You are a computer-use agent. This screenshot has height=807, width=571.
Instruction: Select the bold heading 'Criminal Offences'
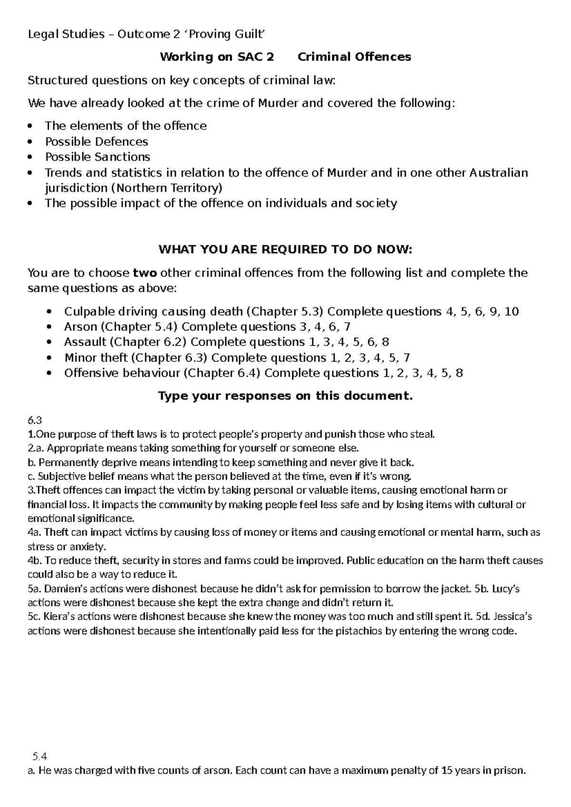click(x=354, y=57)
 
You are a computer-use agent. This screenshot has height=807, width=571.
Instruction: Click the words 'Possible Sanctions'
click(x=98, y=157)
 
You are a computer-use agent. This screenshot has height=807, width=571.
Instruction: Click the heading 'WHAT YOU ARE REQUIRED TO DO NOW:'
click(x=285, y=250)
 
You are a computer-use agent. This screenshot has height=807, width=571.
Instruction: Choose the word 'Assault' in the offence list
click(x=85, y=342)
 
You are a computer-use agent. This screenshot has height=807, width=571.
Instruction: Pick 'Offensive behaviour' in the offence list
click(x=122, y=373)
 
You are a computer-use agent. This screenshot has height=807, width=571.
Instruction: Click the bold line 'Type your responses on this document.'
click(x=285, y=396)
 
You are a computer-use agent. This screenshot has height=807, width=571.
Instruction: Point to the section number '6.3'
click(x=35, y=420)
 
